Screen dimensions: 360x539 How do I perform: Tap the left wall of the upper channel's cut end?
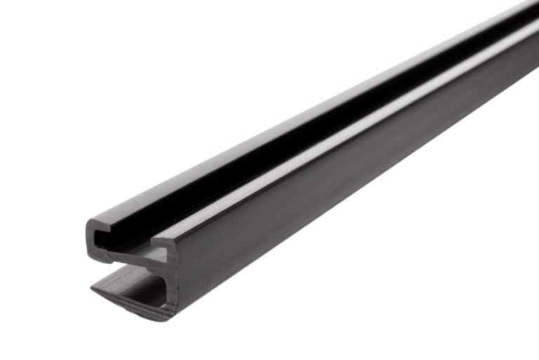pos(90,239)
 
